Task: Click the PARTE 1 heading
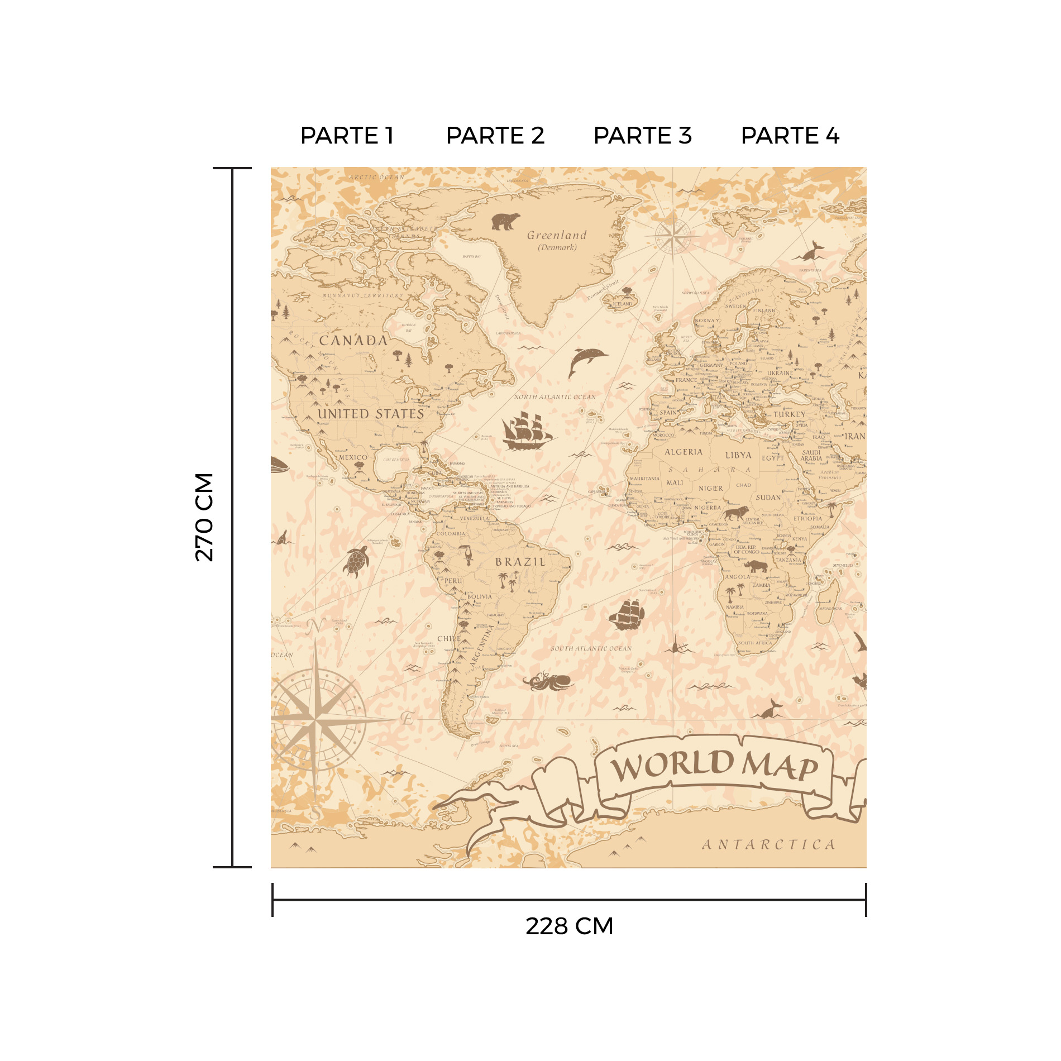point(347,136)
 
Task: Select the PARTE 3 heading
point(642,136)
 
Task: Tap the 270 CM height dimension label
point(204,517)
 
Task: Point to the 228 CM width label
point(569,926)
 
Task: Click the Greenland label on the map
point(557,236)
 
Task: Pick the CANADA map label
point(353,340)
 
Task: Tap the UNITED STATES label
point(371,414)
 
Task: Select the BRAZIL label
point(520,562)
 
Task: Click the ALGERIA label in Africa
point(684,452)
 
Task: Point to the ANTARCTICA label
point(768,844)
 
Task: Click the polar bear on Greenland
point(505,221)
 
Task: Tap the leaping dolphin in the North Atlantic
point(587,360)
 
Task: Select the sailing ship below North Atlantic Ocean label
point(527,431)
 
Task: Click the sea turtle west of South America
point(356,561)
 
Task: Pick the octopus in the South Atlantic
point(548,681)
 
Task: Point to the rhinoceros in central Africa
point(756,566)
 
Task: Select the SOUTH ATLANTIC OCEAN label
point(591,648)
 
